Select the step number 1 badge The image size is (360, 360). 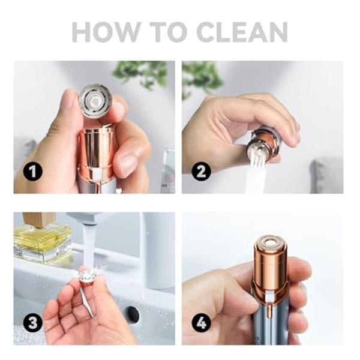click(x=34, y=172)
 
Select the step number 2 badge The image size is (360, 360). click(x=202, y=172)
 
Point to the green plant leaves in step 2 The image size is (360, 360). click(x=201, y=75)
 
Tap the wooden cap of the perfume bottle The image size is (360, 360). click(x=38, y=220)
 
